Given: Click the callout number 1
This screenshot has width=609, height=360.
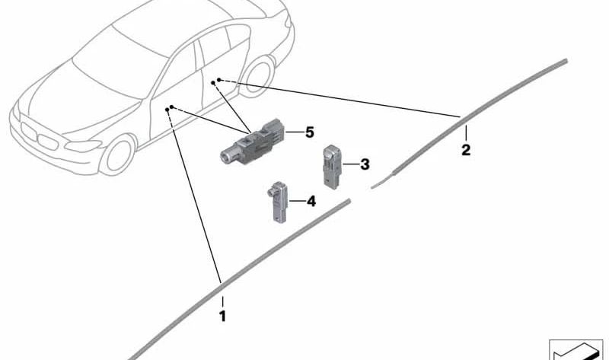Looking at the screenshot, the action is (x=222, y=317).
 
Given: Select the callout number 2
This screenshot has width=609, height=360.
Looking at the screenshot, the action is (x=466, y=149).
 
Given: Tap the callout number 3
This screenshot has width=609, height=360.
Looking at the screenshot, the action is (x=365, y=164).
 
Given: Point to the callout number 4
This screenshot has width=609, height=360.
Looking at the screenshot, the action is (x=311, y=201).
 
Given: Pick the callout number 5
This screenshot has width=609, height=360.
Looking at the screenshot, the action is (x=309, y=132).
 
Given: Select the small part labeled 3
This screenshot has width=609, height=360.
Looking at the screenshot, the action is (x=332, y=167).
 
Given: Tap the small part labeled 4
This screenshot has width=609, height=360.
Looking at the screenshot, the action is (x=278, y=202).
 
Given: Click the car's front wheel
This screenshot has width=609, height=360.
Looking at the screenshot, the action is (x=118, y=155).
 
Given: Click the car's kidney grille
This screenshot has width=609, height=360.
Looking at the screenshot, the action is (x=39, y=136).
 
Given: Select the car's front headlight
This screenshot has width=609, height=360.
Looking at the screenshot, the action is (x=83, y=146).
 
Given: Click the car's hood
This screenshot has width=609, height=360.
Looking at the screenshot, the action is (x=78, y=101).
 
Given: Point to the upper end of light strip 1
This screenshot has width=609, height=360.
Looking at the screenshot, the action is (x=349, y=201).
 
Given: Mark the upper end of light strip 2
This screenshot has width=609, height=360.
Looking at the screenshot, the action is (x=566, y=61).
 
